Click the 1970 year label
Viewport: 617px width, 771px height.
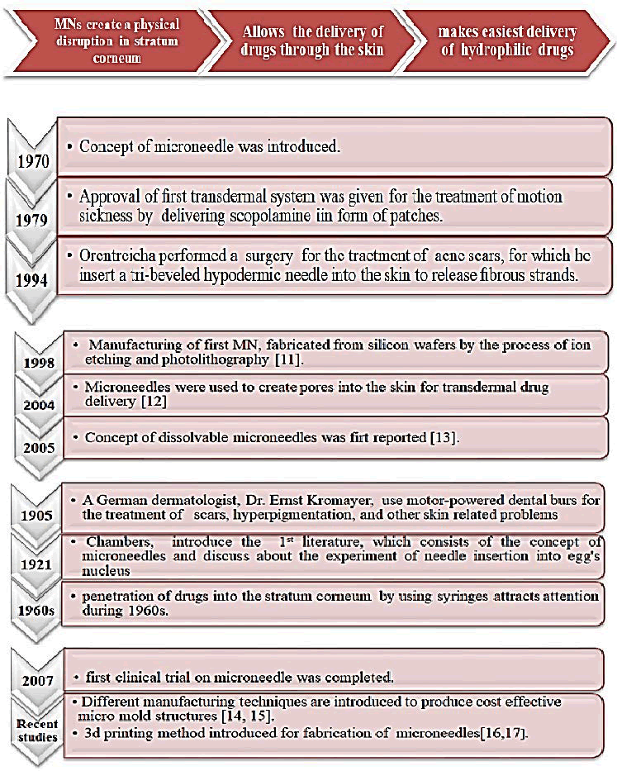(x=32, y=162)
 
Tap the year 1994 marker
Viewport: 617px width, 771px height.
(x=32, y=278)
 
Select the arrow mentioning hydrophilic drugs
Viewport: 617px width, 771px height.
(x=507, y=39)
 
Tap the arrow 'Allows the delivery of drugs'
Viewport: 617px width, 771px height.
(x=315, y=39)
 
